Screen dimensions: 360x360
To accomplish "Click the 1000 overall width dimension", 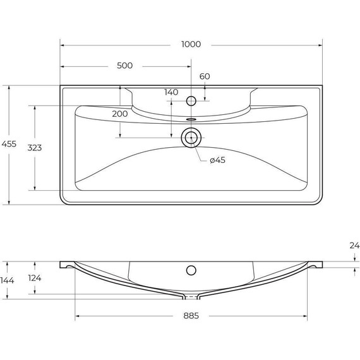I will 191,44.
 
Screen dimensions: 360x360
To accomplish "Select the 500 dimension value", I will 124,66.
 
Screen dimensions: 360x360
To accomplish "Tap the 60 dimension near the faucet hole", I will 204,76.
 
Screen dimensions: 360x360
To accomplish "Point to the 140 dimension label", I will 171,92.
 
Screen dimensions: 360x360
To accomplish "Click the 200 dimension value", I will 119,114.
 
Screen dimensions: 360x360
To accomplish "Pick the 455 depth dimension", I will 9,144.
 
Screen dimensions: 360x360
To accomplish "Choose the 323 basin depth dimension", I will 35,147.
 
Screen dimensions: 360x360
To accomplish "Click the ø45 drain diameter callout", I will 217,160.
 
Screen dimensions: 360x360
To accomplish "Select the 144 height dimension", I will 7,280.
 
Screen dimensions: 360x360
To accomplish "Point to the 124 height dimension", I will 35,279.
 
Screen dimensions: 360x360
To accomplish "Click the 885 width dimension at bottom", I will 191,316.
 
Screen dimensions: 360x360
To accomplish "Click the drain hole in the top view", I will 191,137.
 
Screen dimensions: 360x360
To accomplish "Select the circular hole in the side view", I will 191,270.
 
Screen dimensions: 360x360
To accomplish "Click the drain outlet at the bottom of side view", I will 191,296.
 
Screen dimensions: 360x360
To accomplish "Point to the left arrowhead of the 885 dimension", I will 78,316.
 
